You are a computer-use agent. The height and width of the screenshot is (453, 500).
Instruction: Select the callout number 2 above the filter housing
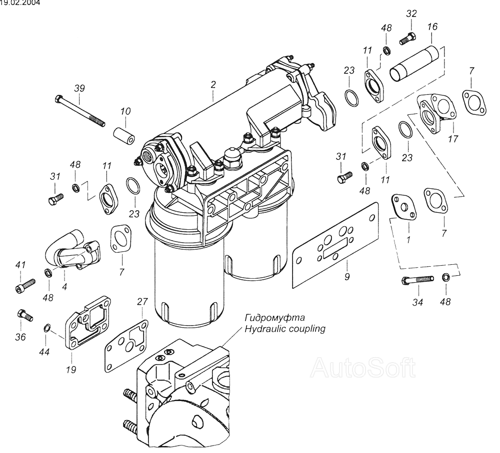[213, 85]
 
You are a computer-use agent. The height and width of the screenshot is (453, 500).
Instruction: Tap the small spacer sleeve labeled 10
[124, 135]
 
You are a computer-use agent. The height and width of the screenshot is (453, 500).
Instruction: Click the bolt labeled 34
[416, 280]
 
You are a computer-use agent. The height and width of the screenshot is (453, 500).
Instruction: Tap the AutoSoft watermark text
[362, 368]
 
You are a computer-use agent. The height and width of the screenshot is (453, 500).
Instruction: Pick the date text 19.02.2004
[20, 2]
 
